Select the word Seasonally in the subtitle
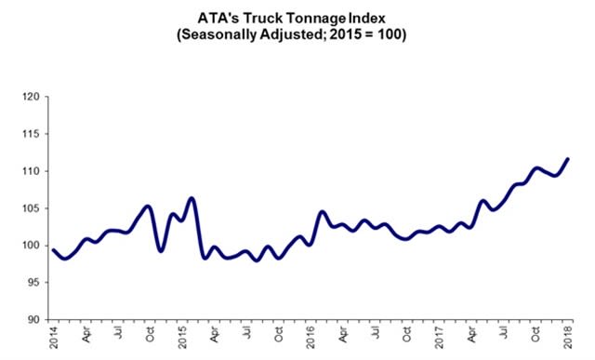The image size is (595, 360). point(219,34)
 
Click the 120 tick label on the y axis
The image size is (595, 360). point(31,97)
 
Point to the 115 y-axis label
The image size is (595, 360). point(31,134)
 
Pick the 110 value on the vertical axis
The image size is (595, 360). point(31,171)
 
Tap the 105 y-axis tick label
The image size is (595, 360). point(31,208)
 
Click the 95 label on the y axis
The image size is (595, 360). point(33,283)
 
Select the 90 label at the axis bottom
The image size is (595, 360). point(33,320)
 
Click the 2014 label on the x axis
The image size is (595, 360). point(54,338)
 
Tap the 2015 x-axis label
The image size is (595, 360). point(182,338)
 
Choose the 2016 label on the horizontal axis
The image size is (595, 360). point(311,338)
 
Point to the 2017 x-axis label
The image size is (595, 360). point(439,338)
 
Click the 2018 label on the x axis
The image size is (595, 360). point(568,338)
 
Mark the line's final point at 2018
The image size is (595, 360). point(568,159)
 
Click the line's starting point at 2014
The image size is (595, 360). point(54,250)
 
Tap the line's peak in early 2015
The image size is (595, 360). point(192,198)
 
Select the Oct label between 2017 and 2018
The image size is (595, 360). point(535,334)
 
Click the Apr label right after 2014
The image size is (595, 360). point(86,334)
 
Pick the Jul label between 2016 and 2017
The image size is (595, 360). point(376,333)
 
